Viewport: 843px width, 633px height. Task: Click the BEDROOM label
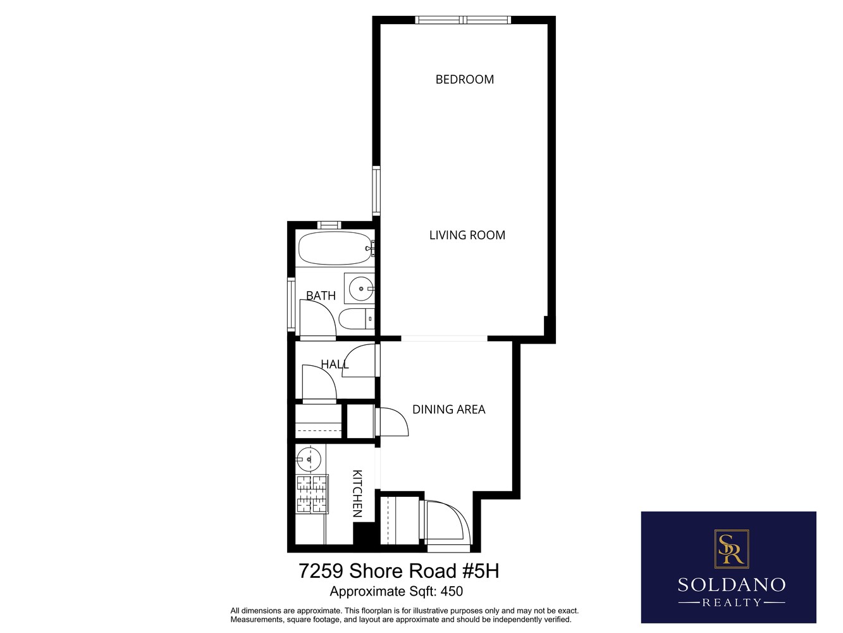point(464,79)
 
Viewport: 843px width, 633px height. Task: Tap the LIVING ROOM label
point(467,235)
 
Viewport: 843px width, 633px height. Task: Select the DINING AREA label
point(448,410)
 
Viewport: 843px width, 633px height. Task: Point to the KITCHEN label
point(357,493)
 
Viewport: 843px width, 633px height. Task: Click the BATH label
point(321,296)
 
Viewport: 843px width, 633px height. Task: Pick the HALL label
point(334,364)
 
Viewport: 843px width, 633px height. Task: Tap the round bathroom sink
point(361,289)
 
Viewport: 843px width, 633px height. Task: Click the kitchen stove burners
point(312,494)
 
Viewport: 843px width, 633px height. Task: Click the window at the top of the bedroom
point(463,20)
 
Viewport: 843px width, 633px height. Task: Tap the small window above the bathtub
point(329,225)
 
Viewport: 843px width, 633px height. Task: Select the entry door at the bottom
point(447,523)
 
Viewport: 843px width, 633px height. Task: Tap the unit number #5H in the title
point(481,571)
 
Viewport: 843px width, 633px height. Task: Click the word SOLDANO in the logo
point(732,584)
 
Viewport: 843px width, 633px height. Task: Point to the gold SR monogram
point(731,548)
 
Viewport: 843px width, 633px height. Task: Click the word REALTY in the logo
point(732,603)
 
